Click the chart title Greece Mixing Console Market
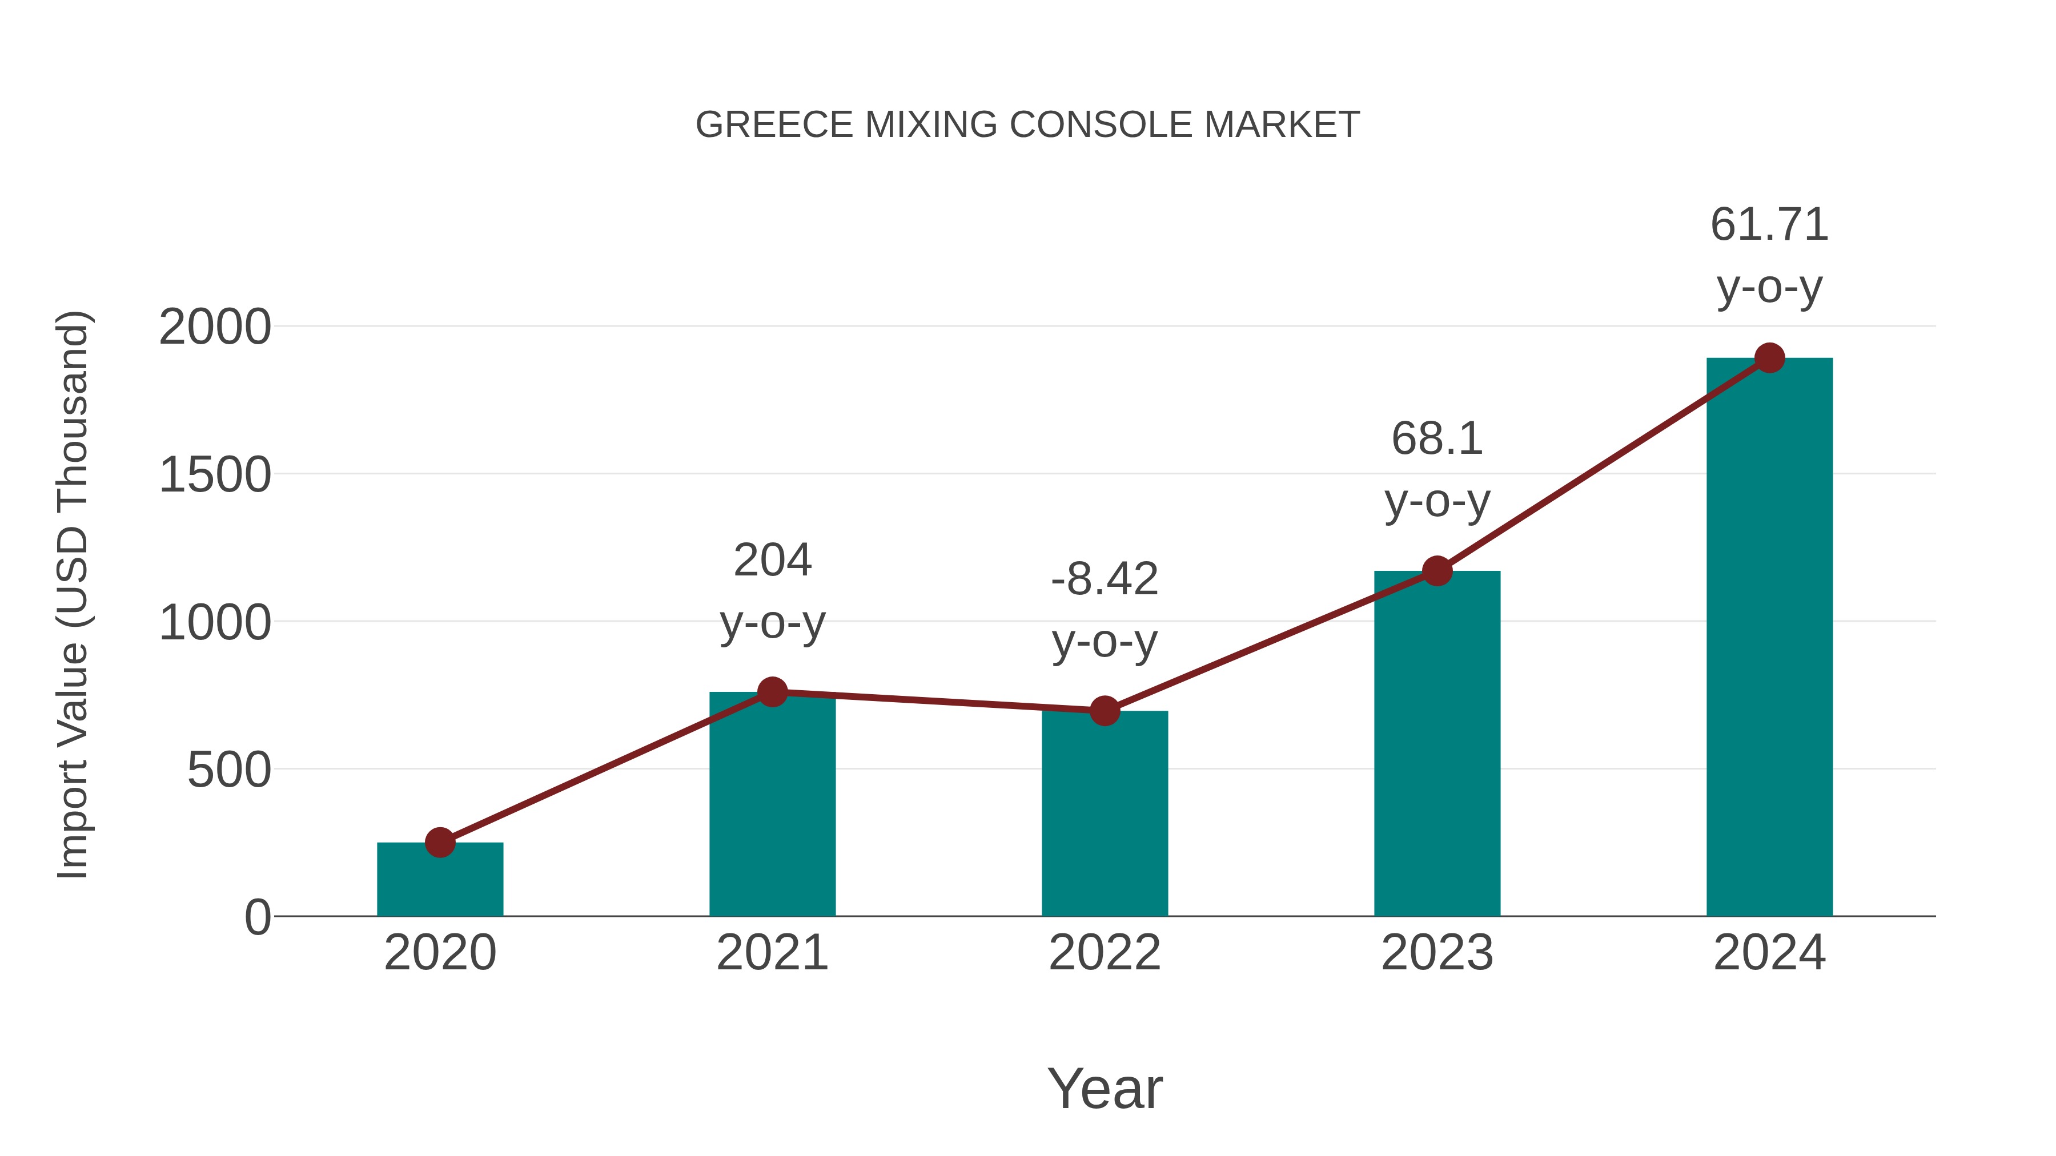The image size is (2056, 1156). pyautogui.click(x=1027, y=125)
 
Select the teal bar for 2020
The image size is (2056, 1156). pyautogui.click(x=440, y=881)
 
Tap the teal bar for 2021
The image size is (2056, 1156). pyautogui.click(x=772, y=805)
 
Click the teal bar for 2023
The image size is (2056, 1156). pyautogui.click(x=1437, y=746)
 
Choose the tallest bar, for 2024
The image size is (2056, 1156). pyautogui.click(x=1769, y=638)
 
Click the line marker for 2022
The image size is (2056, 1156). pyautogui.click(x=1105, y=710)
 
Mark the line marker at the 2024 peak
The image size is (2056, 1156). pyautogui.click(x=1769, y=358)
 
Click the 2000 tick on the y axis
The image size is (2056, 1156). pyautogui.click(x=215, y=327)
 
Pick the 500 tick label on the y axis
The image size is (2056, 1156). pyautogui.click(x=229, y=771)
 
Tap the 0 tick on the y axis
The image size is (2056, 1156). pyautogui.click(x=258, y=917)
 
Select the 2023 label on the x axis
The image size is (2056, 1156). pyautogui.click(x=1437, y=953)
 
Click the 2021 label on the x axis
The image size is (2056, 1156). pyautogui.click(x=772, y=953)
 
